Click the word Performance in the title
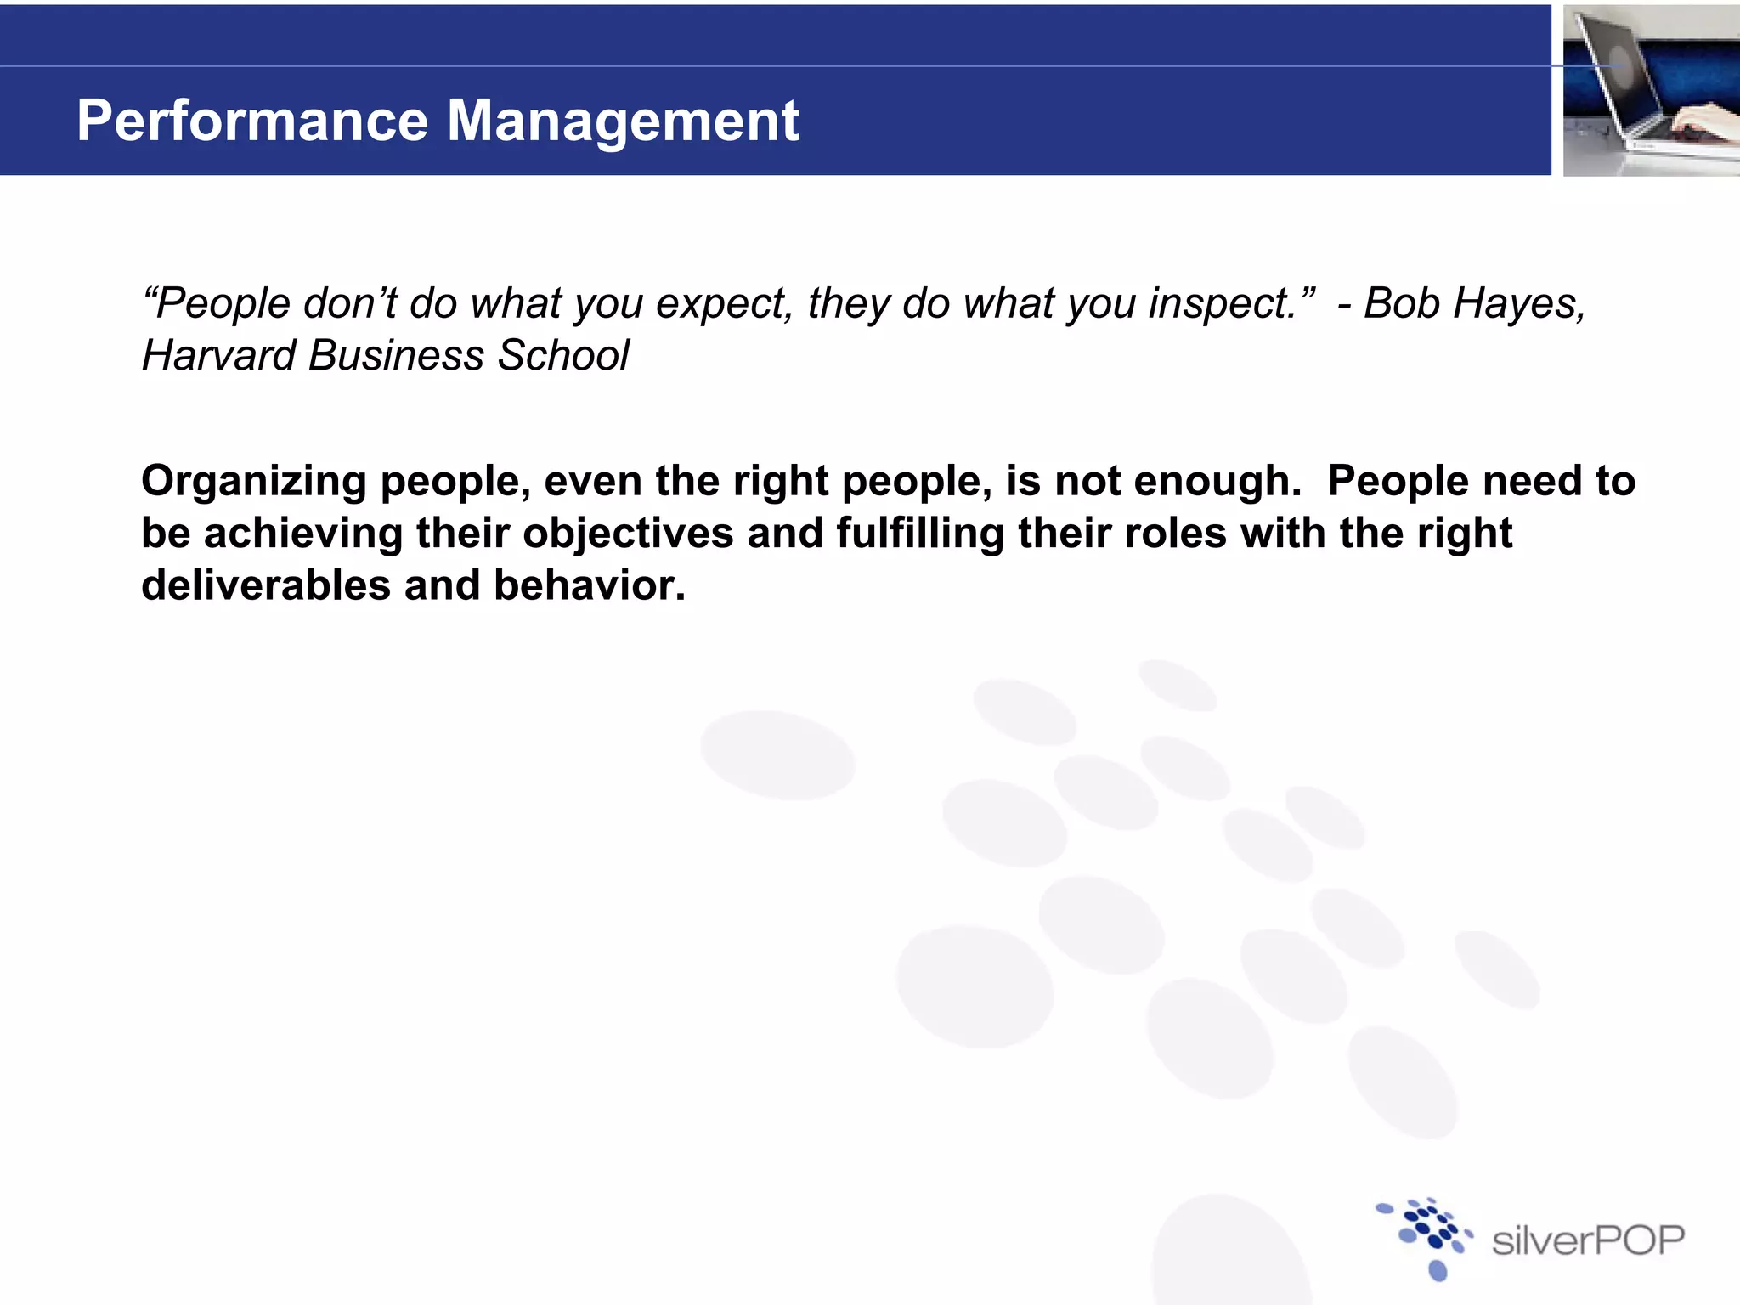[x=252, y=121]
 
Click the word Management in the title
[x=622, y=121]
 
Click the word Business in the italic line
[x=395, y=355]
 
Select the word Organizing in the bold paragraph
[x=253, y=482]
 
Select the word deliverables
[x=265, y=585]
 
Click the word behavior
[x=589, y=585]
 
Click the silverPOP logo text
[x=1587, y=1241]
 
